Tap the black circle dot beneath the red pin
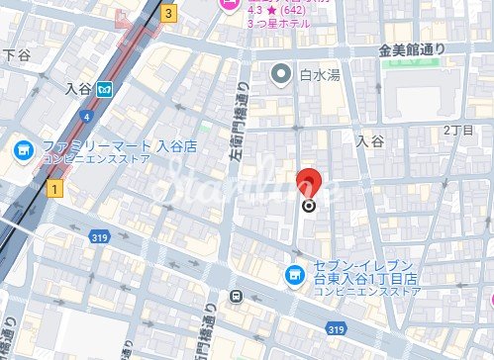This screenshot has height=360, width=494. pyautogui.click(x=309, y=206)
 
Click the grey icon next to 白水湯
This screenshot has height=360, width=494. pyautogui.click(x=281, y=73)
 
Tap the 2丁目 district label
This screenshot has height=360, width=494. pyautogui.click(x=459, y=131)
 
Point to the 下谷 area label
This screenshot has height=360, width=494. pyautogui.click(x=18, y=54)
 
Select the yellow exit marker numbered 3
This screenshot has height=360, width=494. pyautogui.click(x=169, y=14)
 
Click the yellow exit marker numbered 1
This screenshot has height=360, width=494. pyautogui.click(x=53, y=186)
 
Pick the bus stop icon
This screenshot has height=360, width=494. pyautogui.click(x=236, y=296)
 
